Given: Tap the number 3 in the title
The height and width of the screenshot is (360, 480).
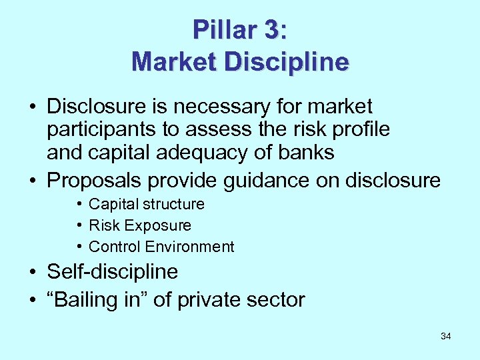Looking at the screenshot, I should pos(271,29).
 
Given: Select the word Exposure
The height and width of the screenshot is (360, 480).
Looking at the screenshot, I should pos(159,225).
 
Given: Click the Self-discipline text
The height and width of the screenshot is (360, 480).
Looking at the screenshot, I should pos(112,271).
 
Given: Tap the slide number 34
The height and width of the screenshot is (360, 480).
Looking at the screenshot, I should pos(446,336).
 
